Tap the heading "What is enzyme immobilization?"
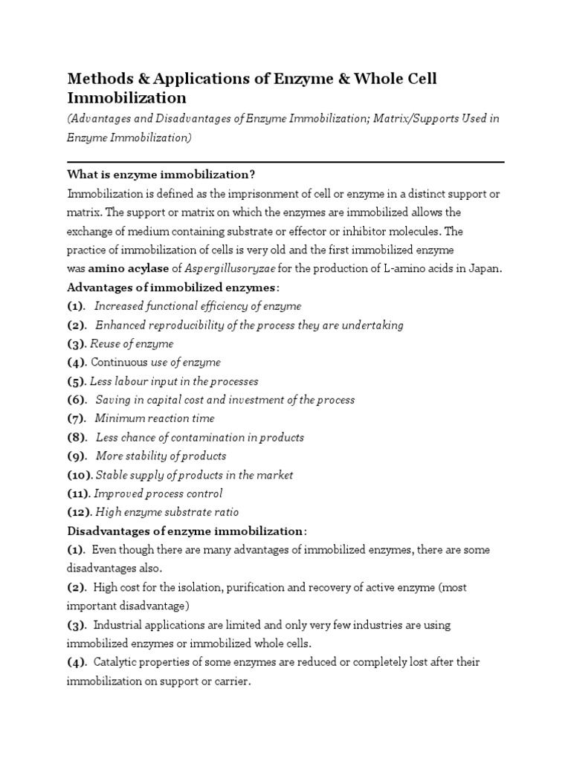point(161,175)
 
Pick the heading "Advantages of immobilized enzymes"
point(171,287)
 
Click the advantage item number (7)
point(77,418)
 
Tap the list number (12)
point(79,512)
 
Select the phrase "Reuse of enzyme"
point(132,343)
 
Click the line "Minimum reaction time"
point(155,418)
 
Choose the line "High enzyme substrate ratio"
point(167,512)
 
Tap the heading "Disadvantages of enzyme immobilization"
point(186,531)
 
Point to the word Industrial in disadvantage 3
point(120,625)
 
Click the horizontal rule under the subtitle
point(285,161)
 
